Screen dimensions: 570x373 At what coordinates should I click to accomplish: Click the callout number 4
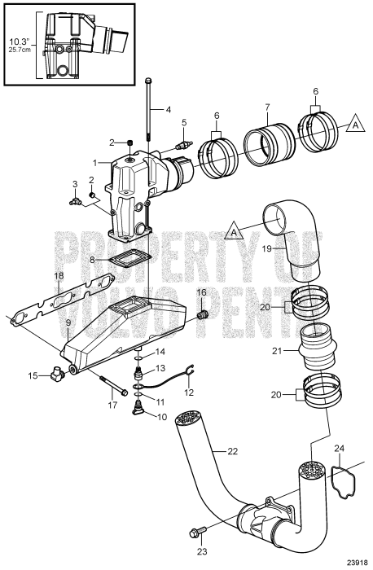click(169, 109)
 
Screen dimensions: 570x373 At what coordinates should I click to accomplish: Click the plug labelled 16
click(204, 313)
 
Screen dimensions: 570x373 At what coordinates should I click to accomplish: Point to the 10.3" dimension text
click(20, 40)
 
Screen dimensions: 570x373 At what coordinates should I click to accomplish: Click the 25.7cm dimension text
click(20, 49)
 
